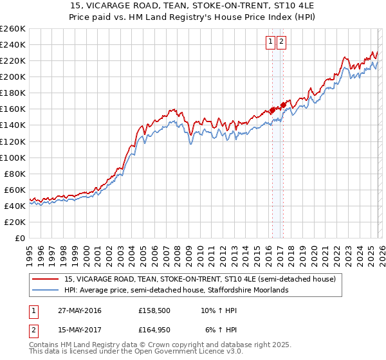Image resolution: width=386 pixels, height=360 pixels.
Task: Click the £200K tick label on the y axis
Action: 13,76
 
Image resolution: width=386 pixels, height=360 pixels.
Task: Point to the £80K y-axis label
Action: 15,174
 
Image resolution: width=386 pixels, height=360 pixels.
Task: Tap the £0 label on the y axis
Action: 20,238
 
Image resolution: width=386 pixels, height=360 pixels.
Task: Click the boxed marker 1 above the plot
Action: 271,42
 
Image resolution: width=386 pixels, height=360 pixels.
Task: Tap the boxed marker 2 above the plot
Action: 282,42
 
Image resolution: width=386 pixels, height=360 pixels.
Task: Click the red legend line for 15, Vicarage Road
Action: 46,280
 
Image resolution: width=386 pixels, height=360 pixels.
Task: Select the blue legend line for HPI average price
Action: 46,291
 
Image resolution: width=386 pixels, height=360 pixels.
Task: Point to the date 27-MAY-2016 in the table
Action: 79,310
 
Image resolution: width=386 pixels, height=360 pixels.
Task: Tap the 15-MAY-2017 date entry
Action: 79,331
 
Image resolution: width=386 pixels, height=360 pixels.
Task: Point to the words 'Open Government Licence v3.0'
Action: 187,352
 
